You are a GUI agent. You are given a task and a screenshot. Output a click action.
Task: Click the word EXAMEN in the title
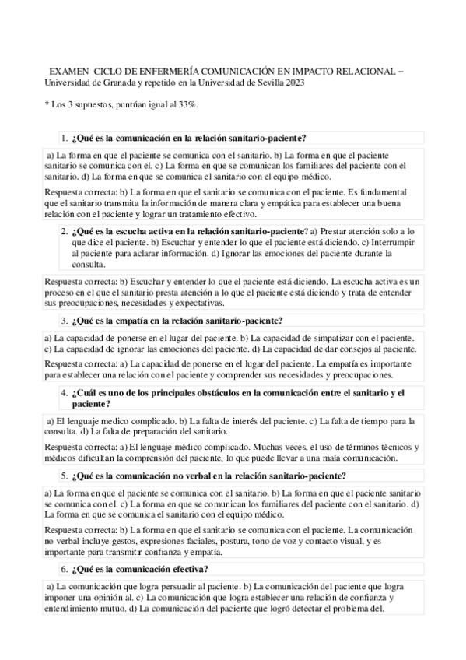[x=66, y=70]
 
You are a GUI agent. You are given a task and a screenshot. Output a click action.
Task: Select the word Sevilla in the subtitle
[x=261, y=82]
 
